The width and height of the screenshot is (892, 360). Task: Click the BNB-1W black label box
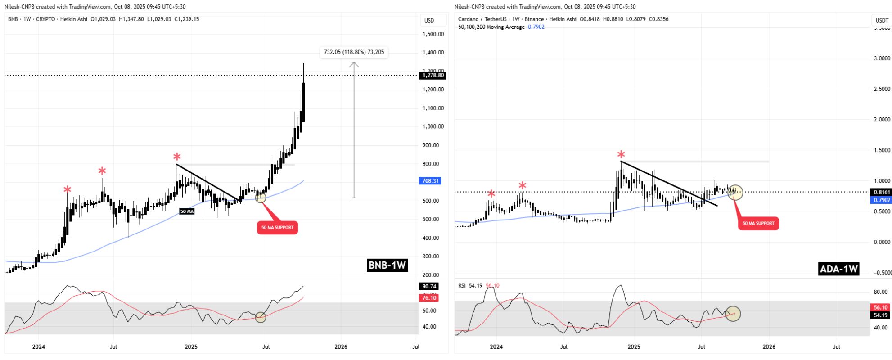(x=387, y=265)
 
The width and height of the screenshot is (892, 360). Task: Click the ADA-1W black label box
(x=838, y=269)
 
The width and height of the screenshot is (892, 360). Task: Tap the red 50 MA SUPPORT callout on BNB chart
(x=277, y=227)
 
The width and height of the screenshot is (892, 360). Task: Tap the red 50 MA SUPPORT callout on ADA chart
(x=758, y=223)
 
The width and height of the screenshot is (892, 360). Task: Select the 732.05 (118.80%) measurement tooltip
(x=354, y=52)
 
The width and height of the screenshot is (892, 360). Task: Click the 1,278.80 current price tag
(x=433, y=76)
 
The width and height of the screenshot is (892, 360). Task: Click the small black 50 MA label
(x=187, y=211)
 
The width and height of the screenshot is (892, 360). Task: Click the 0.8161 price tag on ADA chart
(x=881, y=192)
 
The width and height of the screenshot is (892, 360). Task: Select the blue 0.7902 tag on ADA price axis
(x=881, y=200)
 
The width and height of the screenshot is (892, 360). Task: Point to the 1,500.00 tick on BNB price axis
(x=433, y=34)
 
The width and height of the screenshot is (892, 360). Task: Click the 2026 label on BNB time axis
(x=341, y=346)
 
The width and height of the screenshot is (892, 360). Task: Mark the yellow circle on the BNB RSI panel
(x=261, y=317)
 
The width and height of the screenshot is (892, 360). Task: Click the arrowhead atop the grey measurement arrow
(x=354, y=64)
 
